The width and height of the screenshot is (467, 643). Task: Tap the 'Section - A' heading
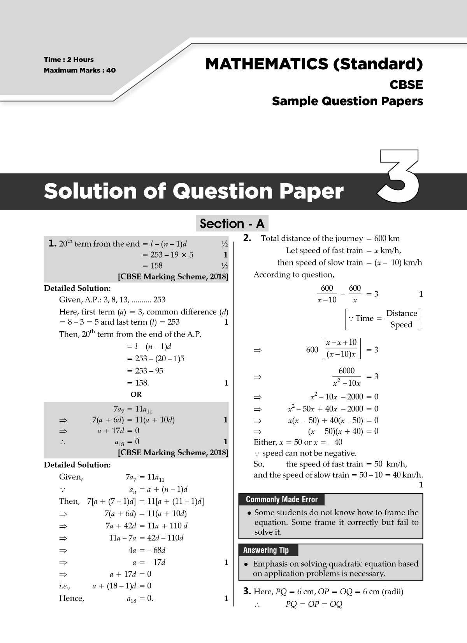point(232,224)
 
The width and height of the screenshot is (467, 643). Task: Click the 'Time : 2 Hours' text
point(69,60)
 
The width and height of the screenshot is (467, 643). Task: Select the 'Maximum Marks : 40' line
point(80,71)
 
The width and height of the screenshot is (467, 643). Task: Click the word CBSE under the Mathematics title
point(406,85)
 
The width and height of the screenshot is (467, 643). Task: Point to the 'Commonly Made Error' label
point(282,500)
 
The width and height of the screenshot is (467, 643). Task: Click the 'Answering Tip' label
point(266,550)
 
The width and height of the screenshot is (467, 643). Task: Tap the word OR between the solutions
point(136,394)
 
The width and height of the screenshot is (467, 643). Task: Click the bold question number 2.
point(247,238)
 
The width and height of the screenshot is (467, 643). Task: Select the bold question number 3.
point(247,591)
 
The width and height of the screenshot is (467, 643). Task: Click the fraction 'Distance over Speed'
point(401,319)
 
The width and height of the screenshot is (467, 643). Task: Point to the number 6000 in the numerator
point(346,371)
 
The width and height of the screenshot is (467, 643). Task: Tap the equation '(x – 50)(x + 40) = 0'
point(343,431)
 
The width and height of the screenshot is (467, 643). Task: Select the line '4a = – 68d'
point(147,550)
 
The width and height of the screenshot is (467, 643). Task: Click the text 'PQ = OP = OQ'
point(314,604)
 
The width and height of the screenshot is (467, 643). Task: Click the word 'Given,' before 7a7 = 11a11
point(71,477)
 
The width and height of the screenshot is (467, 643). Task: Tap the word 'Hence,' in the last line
point(72,598)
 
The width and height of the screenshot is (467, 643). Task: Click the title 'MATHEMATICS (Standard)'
point(314,64)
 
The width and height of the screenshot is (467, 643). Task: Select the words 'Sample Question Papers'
point(347,101)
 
